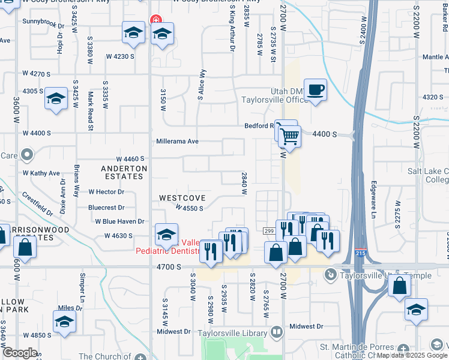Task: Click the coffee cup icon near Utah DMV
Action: pos(315,91)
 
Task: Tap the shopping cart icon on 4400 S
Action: pos(289,137)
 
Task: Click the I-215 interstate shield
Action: pos(361,254)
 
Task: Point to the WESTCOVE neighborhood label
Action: pos(182,197)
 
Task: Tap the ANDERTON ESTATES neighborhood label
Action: pos(124,172)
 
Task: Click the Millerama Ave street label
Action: pos(177,142)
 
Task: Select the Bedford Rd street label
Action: pos(259,126)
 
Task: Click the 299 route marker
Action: pos(268,231)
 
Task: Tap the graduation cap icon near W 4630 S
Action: pos(166,234)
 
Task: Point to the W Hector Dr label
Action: pos(106,192)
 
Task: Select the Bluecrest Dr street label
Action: pos(106,208)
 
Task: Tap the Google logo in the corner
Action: pos(20,353)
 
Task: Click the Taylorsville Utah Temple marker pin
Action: pos(330,275)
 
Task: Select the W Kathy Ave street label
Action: pos(41,173)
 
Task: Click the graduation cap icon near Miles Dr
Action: pos(64,321)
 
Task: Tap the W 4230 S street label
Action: pos(120,56)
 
